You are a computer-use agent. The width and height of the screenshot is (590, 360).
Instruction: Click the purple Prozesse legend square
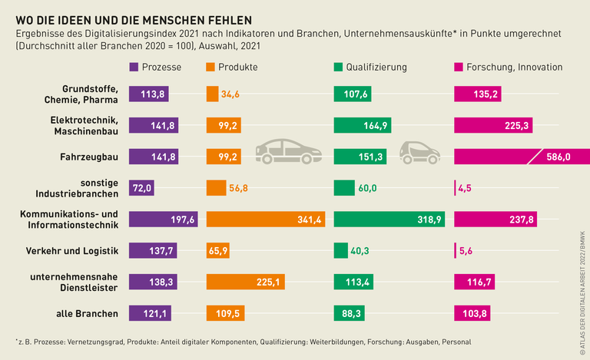(134, 67)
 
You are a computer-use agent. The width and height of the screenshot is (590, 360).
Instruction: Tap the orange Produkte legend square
(211, 67)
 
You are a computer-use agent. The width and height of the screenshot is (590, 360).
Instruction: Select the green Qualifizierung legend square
(339, 67)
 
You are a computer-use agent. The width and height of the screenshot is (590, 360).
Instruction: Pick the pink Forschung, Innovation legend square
(459, 67)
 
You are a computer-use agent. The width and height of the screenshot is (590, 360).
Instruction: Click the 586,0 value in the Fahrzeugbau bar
(557, 157)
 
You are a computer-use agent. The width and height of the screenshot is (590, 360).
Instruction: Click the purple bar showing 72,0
(142, 188)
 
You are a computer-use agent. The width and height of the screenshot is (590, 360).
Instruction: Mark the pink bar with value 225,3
(492, 125)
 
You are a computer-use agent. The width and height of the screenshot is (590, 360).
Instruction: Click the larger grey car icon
(288, 151)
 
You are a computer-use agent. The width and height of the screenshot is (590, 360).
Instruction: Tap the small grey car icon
(420, 153)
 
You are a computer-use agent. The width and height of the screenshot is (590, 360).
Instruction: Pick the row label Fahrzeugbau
(88, 157)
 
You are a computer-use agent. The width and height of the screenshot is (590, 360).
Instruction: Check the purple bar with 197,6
(163, 220)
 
